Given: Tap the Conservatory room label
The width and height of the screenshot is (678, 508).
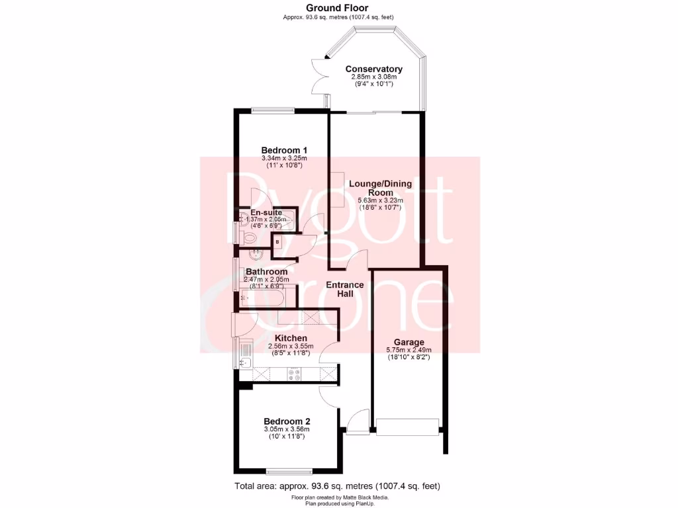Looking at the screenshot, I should pyautogui.click(x=373, y=69).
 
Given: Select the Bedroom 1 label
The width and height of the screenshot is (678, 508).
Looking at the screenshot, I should pyautogui.click(x=284, y=149).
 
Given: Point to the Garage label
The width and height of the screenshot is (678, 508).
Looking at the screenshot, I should pyautogui.click(x=409, y=342).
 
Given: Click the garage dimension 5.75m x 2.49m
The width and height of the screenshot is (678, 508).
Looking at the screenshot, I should pyautogui.click(x=409, y=350).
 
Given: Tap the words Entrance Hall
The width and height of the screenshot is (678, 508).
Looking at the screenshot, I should pyautogui.click(x=344, y=289).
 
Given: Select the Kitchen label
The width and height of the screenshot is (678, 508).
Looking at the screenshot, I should pyautogui.click(x=287, y=338).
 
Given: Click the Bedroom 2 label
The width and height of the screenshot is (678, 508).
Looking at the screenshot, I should pyautogui.click(x=287, y=421).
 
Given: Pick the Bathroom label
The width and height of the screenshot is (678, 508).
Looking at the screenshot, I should pyautogui.click(x=266, y=271).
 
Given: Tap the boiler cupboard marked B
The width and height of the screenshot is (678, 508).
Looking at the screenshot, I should pyautogui.click(x=277, y=242).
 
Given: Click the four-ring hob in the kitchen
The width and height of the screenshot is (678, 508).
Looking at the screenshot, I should pyautogui.click(x=294, y=375).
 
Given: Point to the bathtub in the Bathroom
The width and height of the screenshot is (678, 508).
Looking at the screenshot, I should pyautogui.click(x=265, y=298).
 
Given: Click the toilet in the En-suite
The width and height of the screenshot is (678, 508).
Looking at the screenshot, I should pyautogui.click(x=248, y=236).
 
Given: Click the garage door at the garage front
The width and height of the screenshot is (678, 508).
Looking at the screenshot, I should pyautogui.click(x=407, y=427).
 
